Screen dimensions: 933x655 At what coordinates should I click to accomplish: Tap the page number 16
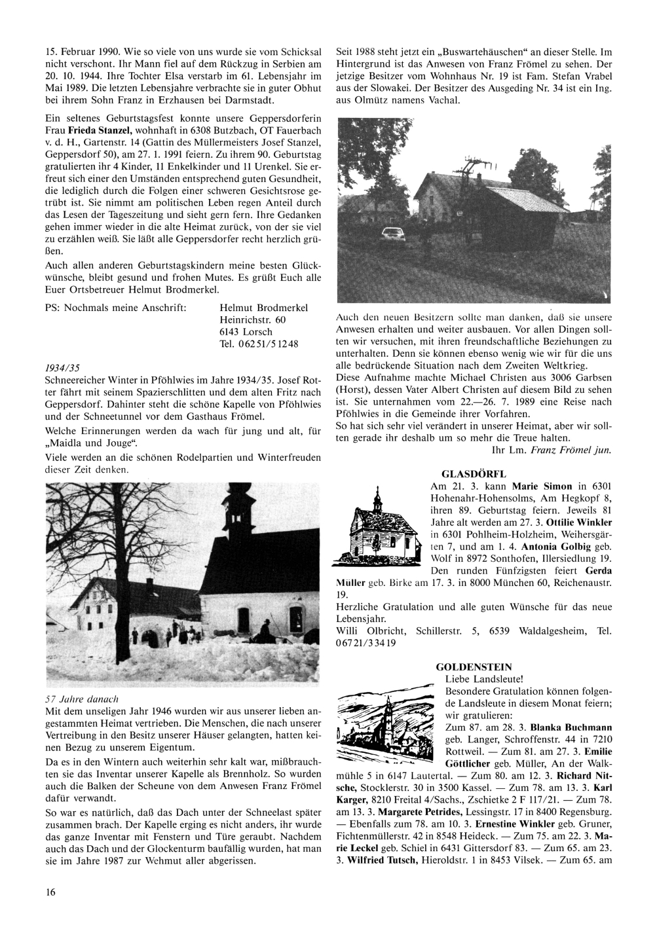[x=50, y=892]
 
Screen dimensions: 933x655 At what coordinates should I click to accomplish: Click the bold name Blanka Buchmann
[x=571, y=727]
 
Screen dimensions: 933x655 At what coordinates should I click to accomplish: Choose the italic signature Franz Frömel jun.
[x=571, y=450]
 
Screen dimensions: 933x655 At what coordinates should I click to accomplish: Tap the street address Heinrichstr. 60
[x=253, y=320]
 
